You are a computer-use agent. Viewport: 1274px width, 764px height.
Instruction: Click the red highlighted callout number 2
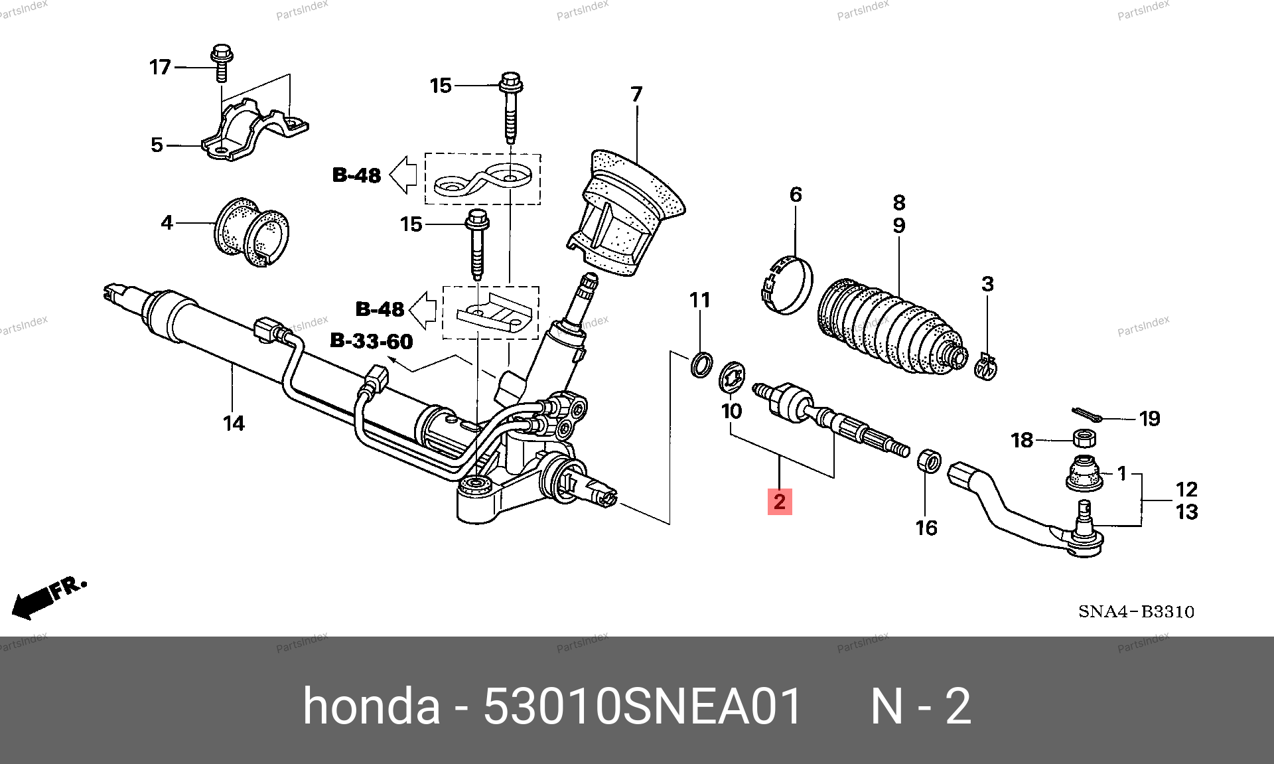tap(780, 501)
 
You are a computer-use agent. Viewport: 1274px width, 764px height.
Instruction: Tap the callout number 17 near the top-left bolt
tap(160, 67)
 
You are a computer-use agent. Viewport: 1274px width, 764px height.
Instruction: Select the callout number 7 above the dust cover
tap(636, 94)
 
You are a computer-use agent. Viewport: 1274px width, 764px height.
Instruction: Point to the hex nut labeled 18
tap(1084, 438)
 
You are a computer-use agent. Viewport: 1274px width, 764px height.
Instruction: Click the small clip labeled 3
tap(986, 366)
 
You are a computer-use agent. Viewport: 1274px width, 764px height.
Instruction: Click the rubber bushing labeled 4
tap(252, 232)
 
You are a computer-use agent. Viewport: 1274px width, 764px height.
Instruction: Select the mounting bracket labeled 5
tap(255, 131)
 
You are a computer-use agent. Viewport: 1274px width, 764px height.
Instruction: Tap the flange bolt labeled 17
tap(220, 63)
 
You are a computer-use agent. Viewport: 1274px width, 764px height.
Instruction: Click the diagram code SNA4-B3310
tap(1136, 611)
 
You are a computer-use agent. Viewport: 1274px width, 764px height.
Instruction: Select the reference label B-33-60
tap(372, 341)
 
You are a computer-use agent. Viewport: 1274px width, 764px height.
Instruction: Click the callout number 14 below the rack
tap(234, 423)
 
